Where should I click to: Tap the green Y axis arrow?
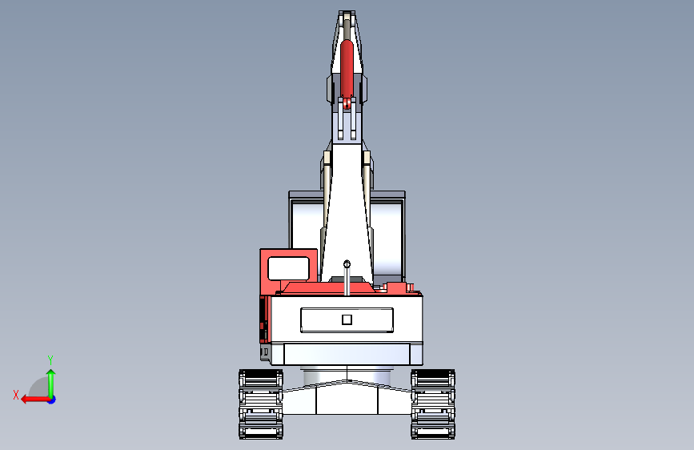[x=51, y=384]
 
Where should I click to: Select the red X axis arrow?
[x=35, y=400]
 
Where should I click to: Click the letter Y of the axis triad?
[x=50, y=360]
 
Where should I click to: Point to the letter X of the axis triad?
[x=16, y=395]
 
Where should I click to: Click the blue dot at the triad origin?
[x=52, y=400]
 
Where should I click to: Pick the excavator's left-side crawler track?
[x=261, y=404]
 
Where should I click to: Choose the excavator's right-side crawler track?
[x=433, y=404]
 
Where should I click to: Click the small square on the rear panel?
[x=347, y=319]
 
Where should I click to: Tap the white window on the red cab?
[x=289, y=268]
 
